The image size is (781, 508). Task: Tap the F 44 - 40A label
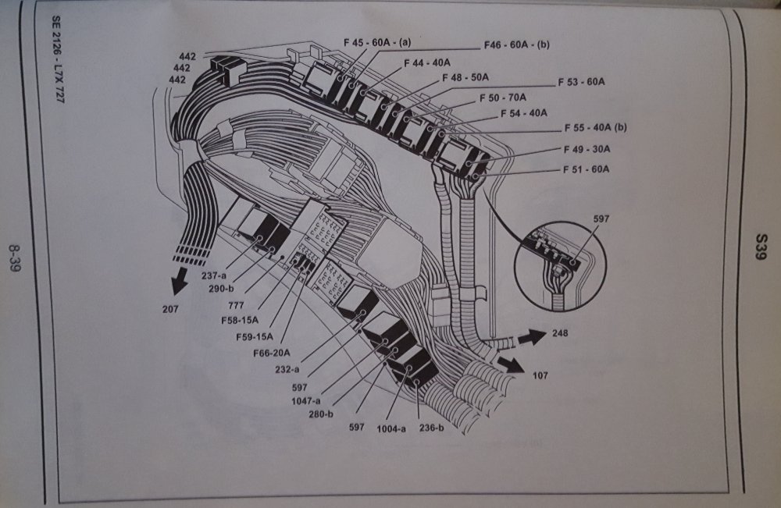pyautogui.click(x=427, y=62)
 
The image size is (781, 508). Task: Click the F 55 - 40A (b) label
pyautogui.click(x=595, y=128)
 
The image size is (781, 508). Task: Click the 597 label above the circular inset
pyautogui.click(x=601, y=220)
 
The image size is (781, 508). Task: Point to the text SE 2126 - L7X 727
pyautogui.click(x=57, y=69)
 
